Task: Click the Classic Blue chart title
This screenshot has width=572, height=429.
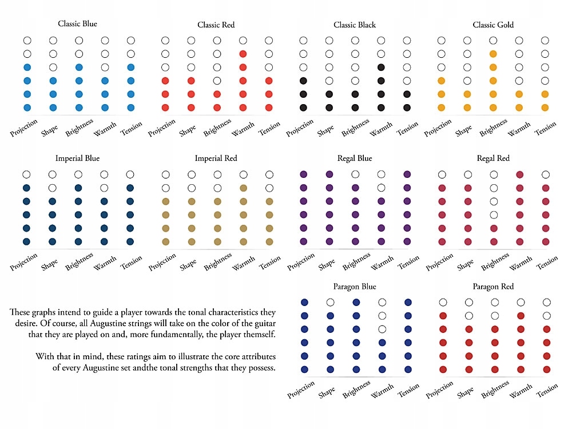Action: [x=77, y=24]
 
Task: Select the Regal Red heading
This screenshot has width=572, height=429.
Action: [x=493, y=158]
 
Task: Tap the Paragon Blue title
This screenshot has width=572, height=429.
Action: [x=355, y=287]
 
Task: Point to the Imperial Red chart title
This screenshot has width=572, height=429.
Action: [x=216, y=158]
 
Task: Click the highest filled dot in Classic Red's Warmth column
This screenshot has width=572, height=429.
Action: [x=243, y=54]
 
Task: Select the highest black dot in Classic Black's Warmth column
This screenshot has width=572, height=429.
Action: [x=381, y=67]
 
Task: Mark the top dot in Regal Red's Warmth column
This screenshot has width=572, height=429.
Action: [x=520, y=174]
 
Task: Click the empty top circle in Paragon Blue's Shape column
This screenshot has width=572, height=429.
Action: [x=330, y=302]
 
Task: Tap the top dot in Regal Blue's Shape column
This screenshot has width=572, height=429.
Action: [x=329, y=174]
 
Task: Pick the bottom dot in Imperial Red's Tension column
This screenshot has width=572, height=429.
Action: [x=269, y=241]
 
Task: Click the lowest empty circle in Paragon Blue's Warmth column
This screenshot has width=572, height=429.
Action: [x=382, y=329]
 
